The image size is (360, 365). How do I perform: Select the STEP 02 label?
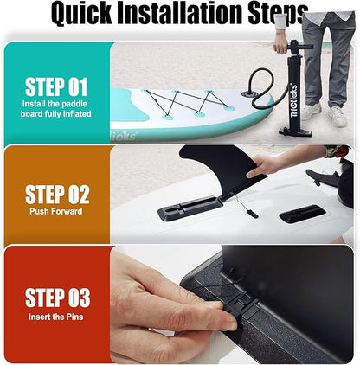[x=56, y=195]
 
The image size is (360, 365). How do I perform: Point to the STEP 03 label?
[x=57, y=298]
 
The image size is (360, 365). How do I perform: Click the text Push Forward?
[x=56, y=211]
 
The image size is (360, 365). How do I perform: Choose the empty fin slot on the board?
[x=303, y=214]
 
